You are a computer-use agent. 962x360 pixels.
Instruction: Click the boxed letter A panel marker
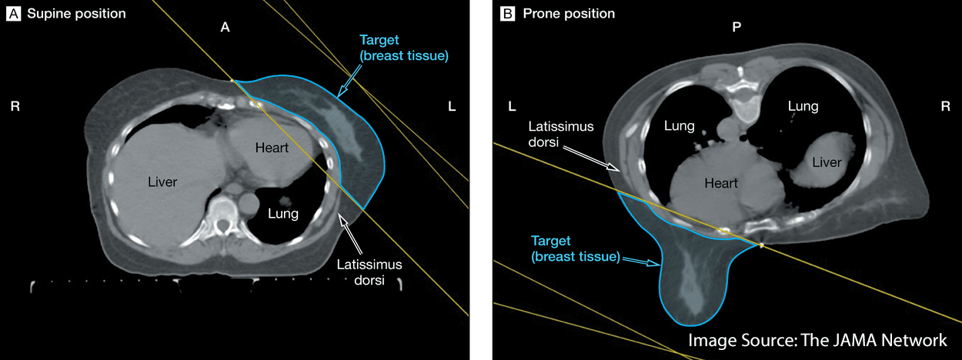tap(13, 14)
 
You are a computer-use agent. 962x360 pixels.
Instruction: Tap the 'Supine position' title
tap(74, 14)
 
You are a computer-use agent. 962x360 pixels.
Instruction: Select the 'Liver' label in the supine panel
tap(162, 182)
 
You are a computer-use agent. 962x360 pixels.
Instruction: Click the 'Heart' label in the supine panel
tap(272, 148)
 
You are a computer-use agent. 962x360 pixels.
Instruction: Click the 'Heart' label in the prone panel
tap(721, 183)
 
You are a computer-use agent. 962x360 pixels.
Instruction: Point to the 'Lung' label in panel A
tap(282, 214)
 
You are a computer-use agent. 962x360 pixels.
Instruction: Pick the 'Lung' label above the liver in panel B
tap(803, 106)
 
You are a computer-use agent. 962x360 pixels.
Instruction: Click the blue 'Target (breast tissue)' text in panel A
tap(404, 48)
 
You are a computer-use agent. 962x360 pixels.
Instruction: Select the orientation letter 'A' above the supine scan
tap(225, 27)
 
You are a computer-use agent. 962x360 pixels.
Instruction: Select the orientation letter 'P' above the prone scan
tap(737, 27)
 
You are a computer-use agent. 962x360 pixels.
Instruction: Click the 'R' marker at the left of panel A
tap(15, 106)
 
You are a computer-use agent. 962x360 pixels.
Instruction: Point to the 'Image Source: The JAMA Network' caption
tap(817, 340)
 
